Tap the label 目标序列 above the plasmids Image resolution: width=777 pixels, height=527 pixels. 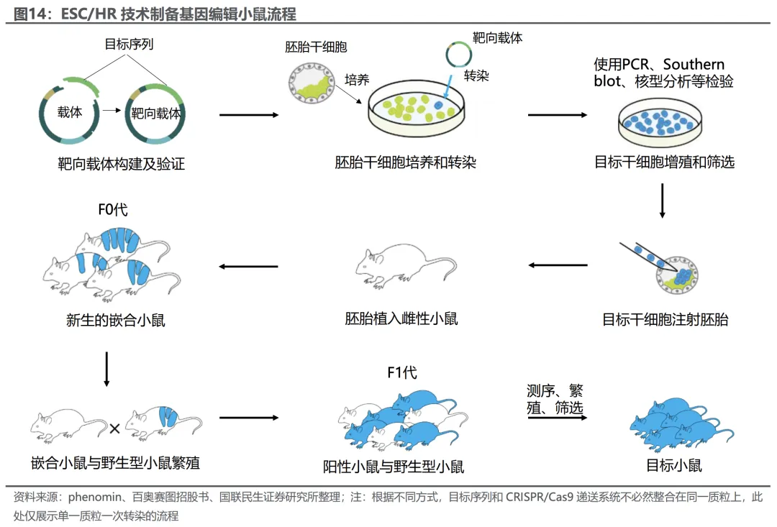(129, 45)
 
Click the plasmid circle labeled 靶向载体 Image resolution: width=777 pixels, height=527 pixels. (155, 114)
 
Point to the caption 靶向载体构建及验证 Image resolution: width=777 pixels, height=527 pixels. (122, 165)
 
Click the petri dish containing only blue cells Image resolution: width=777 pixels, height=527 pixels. (659, 121)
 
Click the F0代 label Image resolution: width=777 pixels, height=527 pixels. (113, 211)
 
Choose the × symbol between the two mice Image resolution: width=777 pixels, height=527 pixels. (114, 429)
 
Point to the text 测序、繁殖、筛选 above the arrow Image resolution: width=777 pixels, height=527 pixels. (555, 399)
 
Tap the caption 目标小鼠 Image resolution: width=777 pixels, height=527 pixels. (674, 466)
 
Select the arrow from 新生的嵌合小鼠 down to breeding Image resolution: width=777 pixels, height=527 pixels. (106, 368)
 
